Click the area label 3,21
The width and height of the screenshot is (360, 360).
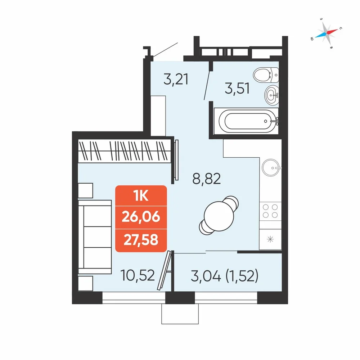pos(176,79)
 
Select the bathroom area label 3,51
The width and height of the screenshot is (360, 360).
pos(237,89)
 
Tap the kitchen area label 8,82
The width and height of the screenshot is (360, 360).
pos(206,179)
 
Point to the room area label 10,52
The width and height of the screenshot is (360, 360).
pos(137,275)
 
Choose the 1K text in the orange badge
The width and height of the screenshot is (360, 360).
pos(141,196)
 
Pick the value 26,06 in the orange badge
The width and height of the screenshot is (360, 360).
pos(141,217)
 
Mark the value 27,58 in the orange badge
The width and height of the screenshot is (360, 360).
pos(141,240)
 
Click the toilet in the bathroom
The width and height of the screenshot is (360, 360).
pos(266,75)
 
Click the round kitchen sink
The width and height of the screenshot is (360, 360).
pos(271,168)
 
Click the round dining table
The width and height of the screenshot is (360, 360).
pos(219,216)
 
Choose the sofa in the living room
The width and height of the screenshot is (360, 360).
pos(95,237)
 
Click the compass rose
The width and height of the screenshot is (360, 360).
pos(326,33)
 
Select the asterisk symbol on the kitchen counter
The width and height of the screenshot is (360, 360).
pos(270,239)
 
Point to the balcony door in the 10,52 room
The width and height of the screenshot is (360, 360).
pos(165,270)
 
